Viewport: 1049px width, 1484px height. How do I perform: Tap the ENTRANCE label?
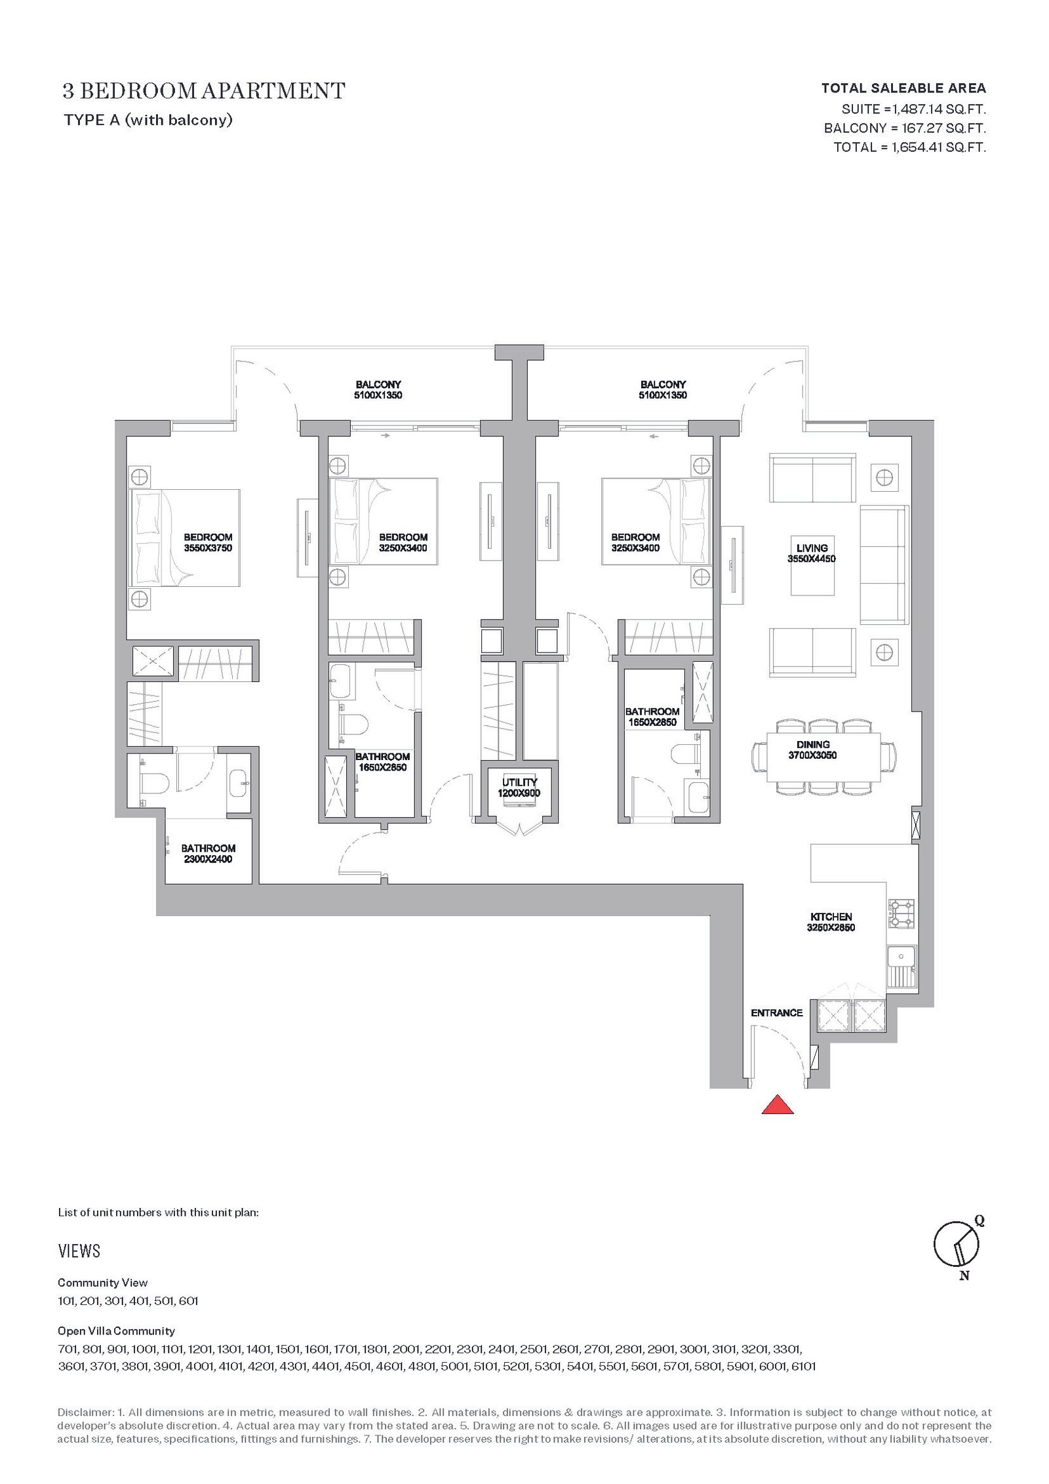[x=776, y=1013]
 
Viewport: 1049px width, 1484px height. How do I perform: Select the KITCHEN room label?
[x=831, y=917]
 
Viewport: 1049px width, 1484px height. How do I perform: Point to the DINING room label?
[x=813, y=744]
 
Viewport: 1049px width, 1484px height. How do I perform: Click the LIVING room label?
[x=812, y=548]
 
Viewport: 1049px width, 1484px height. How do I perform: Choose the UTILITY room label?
[x=519, y=782]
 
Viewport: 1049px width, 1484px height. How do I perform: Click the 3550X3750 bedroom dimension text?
[x=208, y=548]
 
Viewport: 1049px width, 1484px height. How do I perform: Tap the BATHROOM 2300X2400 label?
[x=208, y=853]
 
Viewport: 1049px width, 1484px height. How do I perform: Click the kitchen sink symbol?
[x=896, y=967]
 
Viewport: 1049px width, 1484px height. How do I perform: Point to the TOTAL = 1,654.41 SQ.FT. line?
[x=909, y=148]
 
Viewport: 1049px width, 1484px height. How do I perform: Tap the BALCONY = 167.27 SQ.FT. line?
[x=905, y=129]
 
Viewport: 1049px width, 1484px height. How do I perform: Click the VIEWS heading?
[x=79, y=1251]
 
